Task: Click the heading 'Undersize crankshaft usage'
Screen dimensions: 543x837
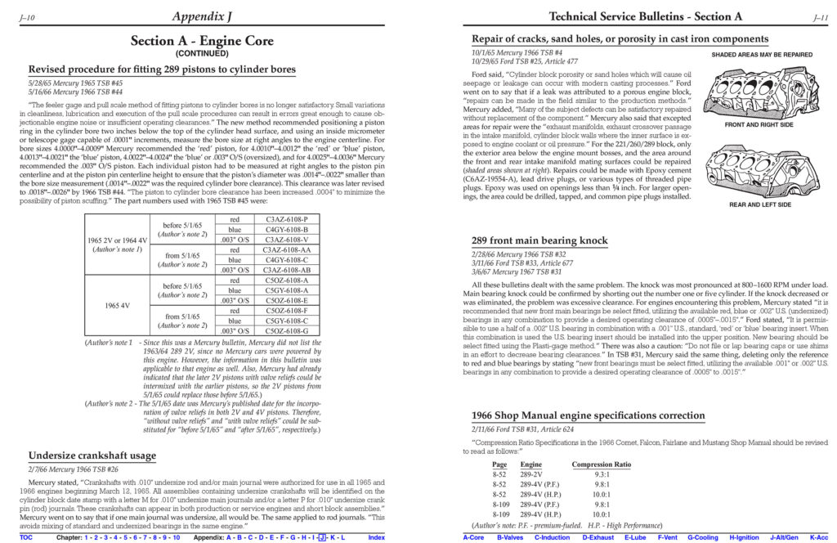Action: pos(92,455)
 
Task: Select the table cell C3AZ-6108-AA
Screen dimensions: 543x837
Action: pos(287,249)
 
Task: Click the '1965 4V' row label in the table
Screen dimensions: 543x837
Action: pos(117,305)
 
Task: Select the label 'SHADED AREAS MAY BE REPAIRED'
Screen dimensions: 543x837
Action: pos(762,55)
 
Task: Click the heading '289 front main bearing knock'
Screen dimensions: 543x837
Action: pos(539,240)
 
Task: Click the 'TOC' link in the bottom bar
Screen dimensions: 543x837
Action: pos(26,537)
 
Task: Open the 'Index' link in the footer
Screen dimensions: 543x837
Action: pos(377,537)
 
